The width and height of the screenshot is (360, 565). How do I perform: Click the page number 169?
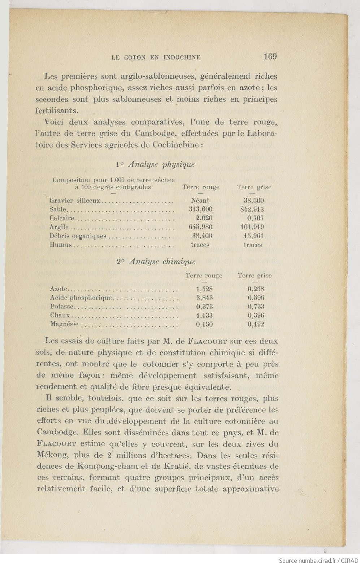(x=270, y=56)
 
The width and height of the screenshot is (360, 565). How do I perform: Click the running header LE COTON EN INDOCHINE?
(x=156, y=57)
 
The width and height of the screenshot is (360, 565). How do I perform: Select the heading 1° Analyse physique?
(x=155, y=165)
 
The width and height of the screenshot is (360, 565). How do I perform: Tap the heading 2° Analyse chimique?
(x=156, y=262)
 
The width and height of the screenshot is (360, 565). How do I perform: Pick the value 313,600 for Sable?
(x=201, y=209)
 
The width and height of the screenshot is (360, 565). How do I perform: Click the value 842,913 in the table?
(x=252, y=209)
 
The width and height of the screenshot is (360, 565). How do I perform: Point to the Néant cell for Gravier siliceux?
(x=200, y=201)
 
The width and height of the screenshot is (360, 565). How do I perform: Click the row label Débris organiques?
(x=78, y=236)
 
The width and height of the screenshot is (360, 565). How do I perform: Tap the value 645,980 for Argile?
(x=201, y=227)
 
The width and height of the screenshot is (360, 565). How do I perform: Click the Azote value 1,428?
(x=204, y=289)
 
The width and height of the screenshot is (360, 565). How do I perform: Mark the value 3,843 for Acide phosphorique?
(x=204, y=298)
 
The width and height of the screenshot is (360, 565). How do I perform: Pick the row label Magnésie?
(x=64, y=324)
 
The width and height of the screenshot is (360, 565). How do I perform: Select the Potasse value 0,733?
(x=256, y=307)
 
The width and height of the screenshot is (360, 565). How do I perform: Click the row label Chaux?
(x=60, y=315)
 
